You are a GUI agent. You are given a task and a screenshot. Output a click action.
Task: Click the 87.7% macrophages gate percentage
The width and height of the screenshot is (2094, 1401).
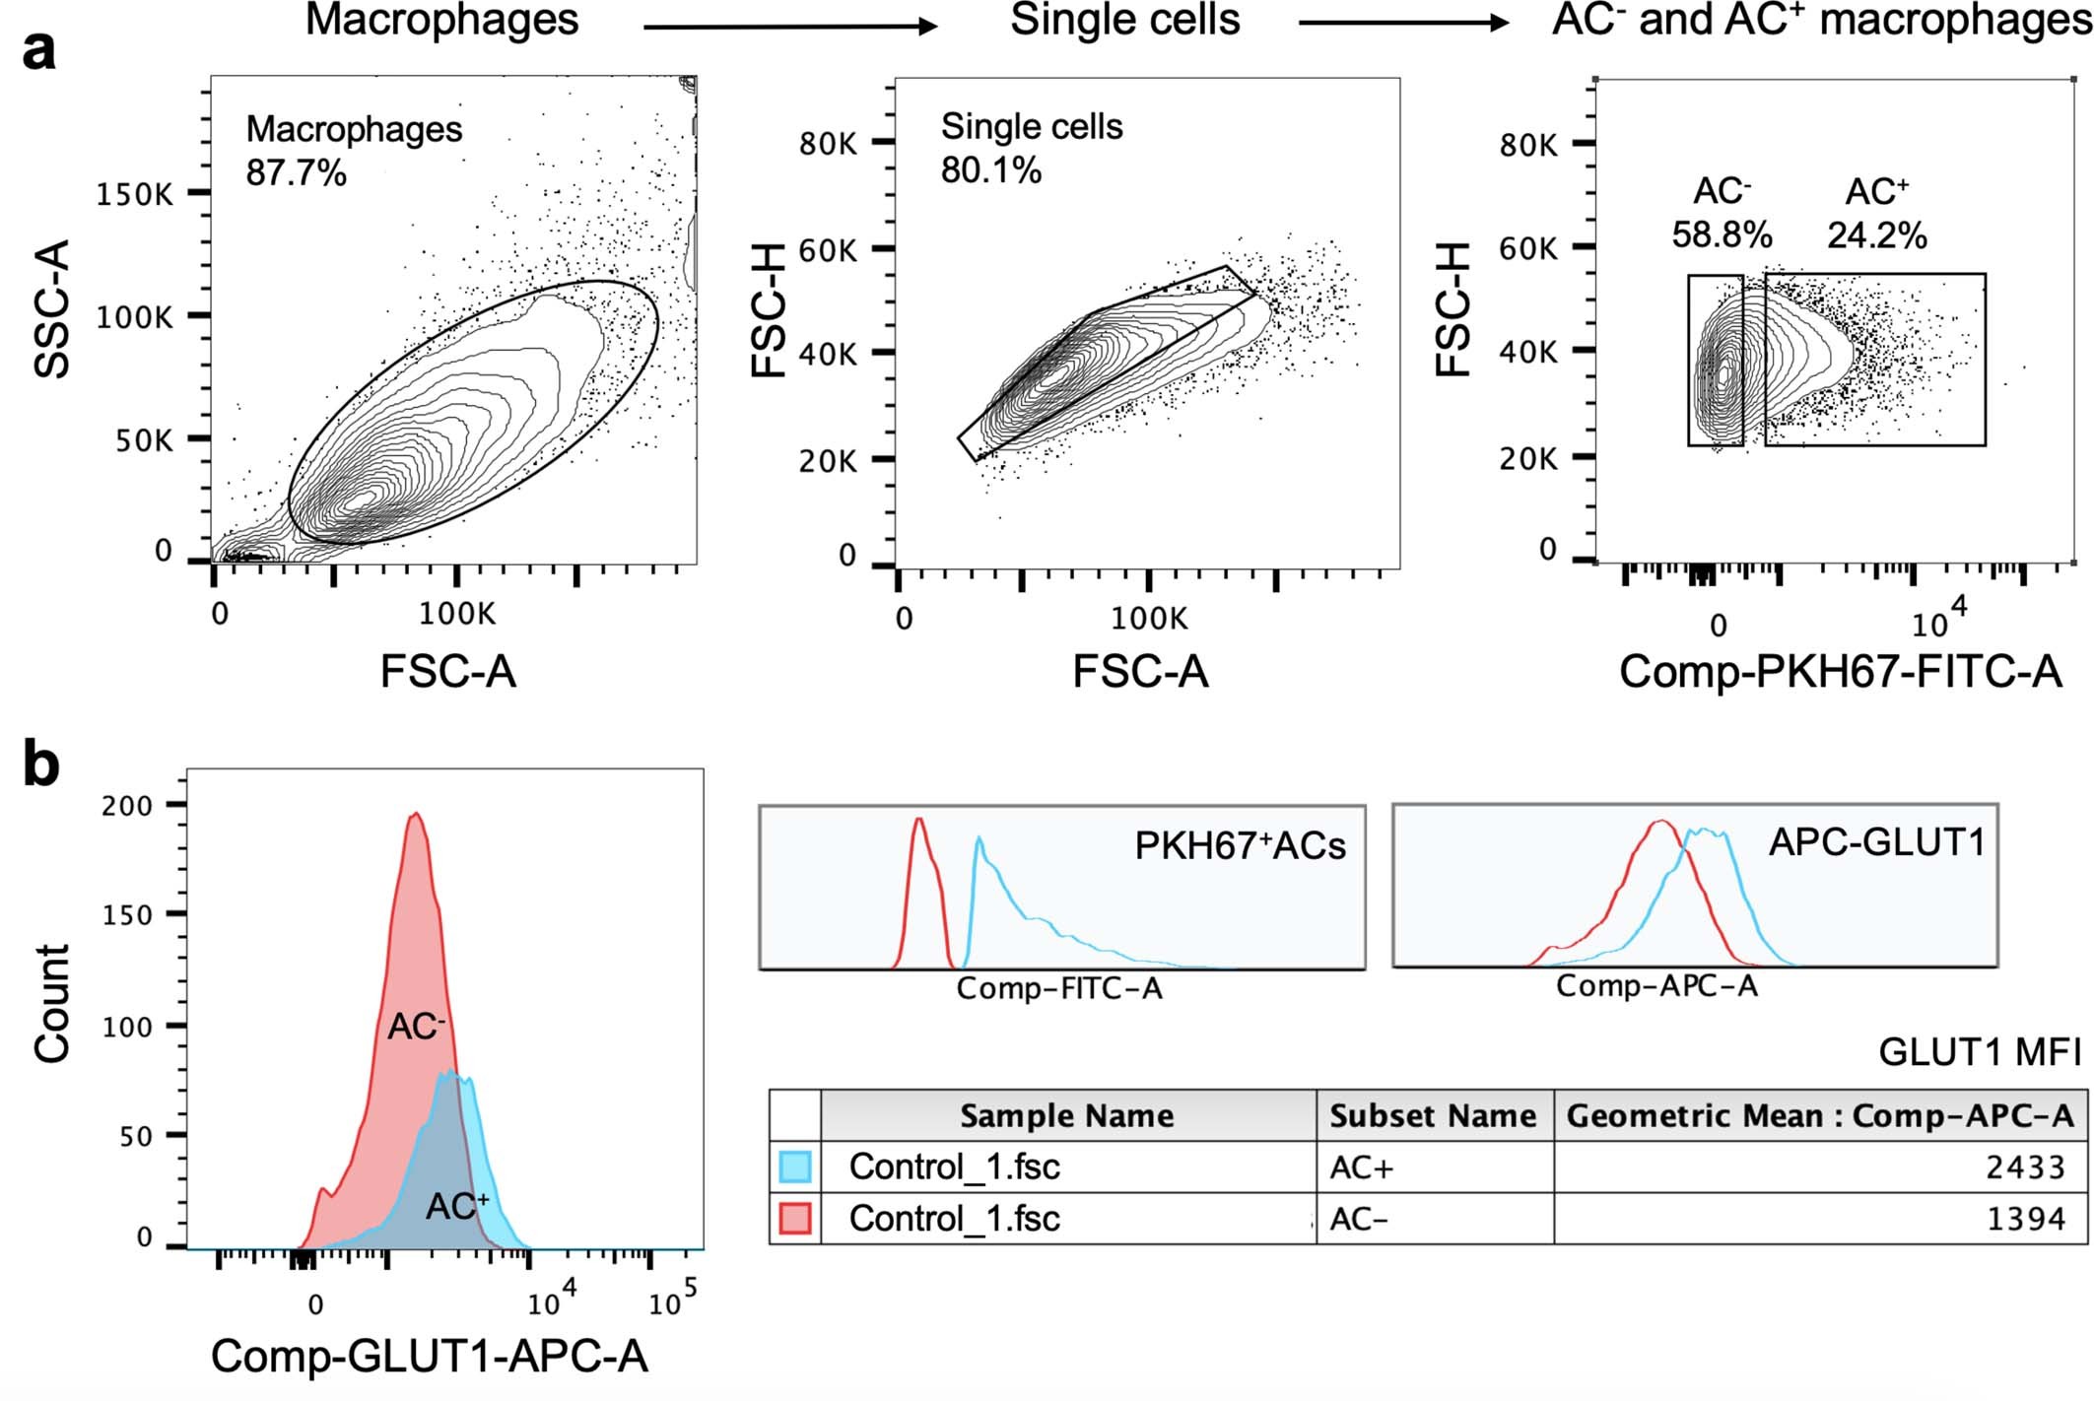[296, 173]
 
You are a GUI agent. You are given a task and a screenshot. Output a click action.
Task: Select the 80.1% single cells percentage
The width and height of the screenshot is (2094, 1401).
[990, 170]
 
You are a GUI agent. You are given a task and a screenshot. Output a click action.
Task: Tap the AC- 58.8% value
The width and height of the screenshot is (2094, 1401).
[1722, 234]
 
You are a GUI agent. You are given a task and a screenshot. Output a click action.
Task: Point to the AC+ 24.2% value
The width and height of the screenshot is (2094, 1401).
[1876, 235]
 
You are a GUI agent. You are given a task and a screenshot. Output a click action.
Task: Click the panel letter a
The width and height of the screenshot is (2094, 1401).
[38, 50]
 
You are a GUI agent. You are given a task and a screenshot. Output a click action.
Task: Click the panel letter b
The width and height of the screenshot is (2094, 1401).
[40, 765]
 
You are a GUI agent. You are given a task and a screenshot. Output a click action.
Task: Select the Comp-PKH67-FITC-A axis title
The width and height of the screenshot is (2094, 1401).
[1840, 672]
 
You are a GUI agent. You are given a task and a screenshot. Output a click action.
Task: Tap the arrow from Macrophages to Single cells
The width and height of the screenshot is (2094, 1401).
[789, 27]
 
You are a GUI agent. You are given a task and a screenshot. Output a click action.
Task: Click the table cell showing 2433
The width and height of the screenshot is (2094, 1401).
[2025, 1167]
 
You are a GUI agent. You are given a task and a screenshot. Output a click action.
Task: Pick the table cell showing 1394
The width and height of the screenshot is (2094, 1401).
[2025, 1220]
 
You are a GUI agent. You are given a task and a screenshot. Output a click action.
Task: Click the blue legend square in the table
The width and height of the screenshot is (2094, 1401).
[794, 1167]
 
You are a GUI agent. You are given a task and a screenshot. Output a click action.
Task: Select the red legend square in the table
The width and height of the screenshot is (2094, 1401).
[794, 1219]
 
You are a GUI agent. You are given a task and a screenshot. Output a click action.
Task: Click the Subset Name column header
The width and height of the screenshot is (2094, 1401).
[1433, 1115]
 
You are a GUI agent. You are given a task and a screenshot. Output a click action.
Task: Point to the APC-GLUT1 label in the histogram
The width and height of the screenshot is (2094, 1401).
[1876, 842]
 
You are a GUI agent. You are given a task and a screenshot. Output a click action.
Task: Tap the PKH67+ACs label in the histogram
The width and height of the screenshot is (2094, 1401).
[1240, 846]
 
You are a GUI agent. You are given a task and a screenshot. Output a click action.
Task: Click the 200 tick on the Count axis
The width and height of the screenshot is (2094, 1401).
[127, 806]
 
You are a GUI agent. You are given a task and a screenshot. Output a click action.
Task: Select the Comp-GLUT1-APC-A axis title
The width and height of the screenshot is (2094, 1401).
[429, 1357]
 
